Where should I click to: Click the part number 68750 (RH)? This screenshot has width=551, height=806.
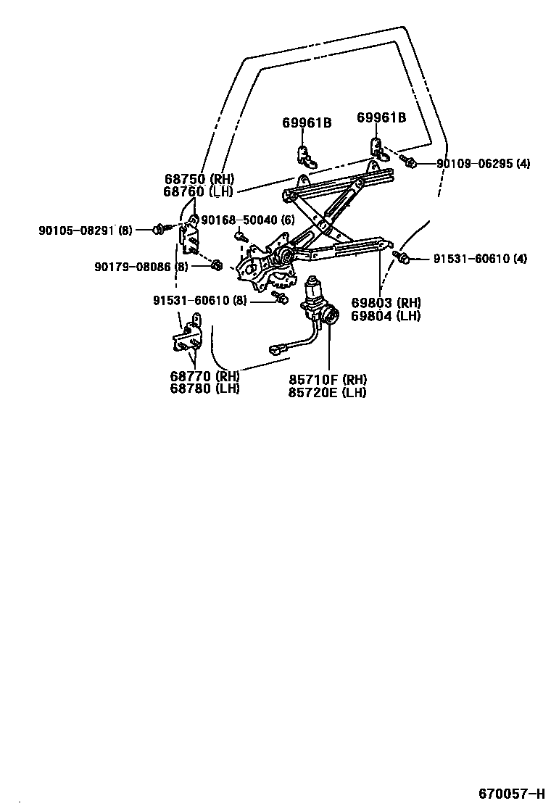(x=199, y=179)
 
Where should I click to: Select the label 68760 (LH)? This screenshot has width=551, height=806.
(x=199, y=191)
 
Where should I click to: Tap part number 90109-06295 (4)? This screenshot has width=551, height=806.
(x=483, y=164)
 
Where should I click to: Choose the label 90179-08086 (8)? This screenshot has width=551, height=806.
(x=141, y=267)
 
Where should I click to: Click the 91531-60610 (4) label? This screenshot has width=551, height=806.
(x=480, y=259)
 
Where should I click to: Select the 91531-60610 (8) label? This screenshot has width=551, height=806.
(x=200, y=300)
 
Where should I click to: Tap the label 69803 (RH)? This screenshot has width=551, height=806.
(x=386, y=303)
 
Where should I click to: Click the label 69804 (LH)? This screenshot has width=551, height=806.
(x=386, y=315)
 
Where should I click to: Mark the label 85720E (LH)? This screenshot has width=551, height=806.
(x=328, y=392)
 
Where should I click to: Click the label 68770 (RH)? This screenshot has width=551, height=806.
(x=205, y=376)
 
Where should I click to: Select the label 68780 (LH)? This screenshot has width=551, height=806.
(x=205, y=388)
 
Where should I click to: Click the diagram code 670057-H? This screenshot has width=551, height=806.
(x=511, y=794)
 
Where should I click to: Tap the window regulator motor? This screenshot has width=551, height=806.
(x=319, y=301)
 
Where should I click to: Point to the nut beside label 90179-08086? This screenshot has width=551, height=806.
(x=216, y=265)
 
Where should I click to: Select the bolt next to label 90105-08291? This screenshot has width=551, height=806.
(x=157, y=230)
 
